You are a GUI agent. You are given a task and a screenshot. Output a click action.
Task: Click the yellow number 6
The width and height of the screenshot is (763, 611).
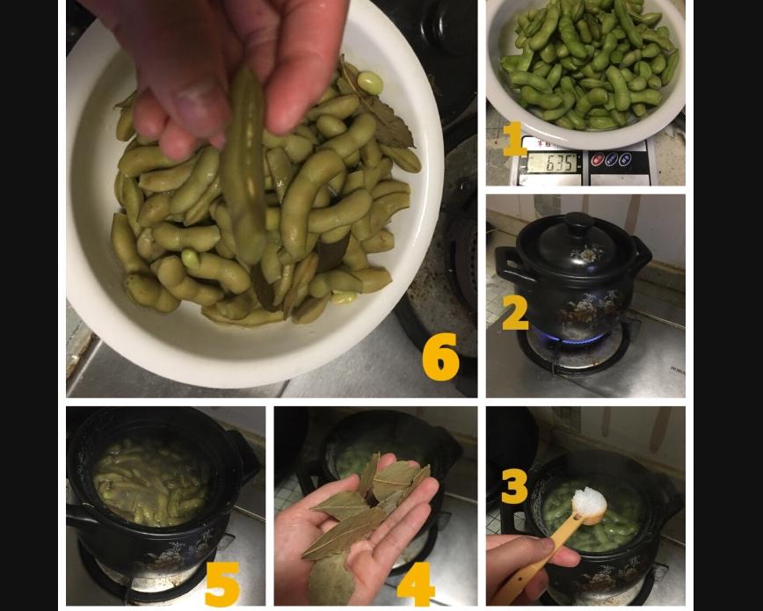(440, 356)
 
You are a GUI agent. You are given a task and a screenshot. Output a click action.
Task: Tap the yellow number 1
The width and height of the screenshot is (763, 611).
(513, 139)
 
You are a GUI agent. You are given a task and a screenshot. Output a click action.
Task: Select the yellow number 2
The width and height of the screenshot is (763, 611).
(514, 313)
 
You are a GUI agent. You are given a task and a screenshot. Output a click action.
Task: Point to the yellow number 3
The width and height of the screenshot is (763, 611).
(514, 486)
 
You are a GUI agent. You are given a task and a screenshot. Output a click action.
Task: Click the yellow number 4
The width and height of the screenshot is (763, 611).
(416, 582)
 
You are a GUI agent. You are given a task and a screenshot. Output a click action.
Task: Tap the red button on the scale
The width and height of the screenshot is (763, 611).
(598, 160)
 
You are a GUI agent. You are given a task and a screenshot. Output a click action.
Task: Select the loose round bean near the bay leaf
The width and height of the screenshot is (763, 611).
(370, 84)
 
